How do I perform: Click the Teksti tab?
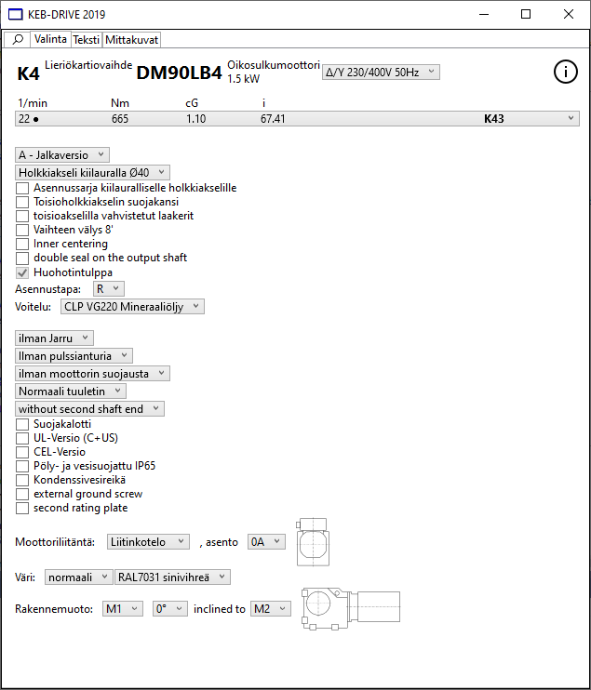pos(86,40)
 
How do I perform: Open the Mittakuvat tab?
pos(132,40)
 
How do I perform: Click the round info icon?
pos(566,73)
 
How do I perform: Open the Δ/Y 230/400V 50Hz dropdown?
pos(380,73)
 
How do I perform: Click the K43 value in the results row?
pos(494,119)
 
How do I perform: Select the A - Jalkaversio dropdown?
pos(62,155)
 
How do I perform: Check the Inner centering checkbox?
pos(22,244)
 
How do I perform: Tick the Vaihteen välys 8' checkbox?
pos(22,230)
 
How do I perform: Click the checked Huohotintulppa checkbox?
pos(22,272)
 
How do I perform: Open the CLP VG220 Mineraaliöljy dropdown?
pos(131,306)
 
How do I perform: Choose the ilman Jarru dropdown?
pos(55,338)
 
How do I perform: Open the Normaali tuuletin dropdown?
pos(71,391)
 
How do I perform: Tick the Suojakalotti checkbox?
pos(22,424)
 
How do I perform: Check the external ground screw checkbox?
pos(22,494)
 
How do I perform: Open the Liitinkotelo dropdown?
pos(148,541)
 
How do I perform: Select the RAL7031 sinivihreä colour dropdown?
pos(171,577)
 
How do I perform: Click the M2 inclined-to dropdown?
pos(271,608)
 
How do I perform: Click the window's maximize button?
pos(526,14)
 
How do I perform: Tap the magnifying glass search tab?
pos(18,40)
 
